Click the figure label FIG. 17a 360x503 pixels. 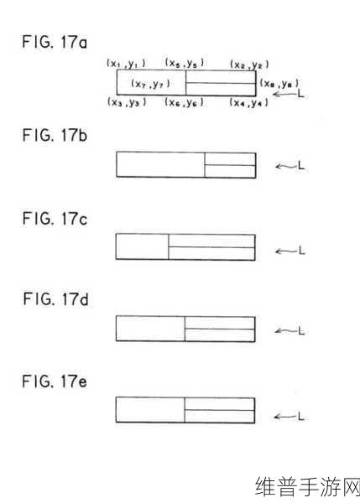pos(55,42)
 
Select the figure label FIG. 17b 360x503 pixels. pos(55,135)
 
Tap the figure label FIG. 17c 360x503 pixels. pos(55,219)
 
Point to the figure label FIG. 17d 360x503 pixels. pos(55,299)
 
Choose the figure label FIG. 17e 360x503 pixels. pos(55,381)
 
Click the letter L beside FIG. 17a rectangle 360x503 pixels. pos(300,94)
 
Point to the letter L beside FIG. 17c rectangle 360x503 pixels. pos(301,251)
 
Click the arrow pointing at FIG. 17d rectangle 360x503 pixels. pos(284,331)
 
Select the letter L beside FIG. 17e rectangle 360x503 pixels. pos(300,417)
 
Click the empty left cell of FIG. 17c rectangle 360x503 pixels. pos(143,246)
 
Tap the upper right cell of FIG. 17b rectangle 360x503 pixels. pos(230,159)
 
